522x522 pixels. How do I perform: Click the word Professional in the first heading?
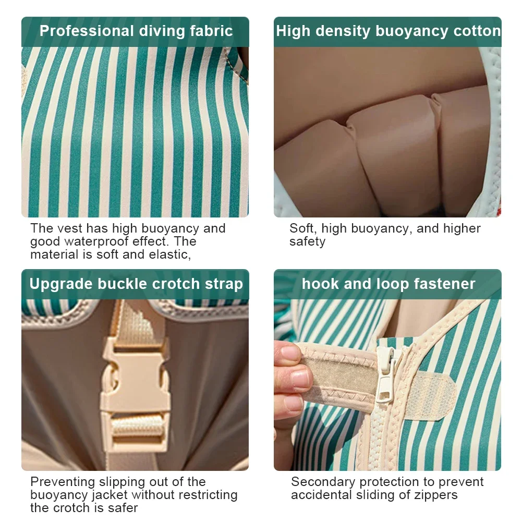click(x=87, y=31)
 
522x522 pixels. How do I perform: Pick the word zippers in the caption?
click(x=436, y=495)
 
